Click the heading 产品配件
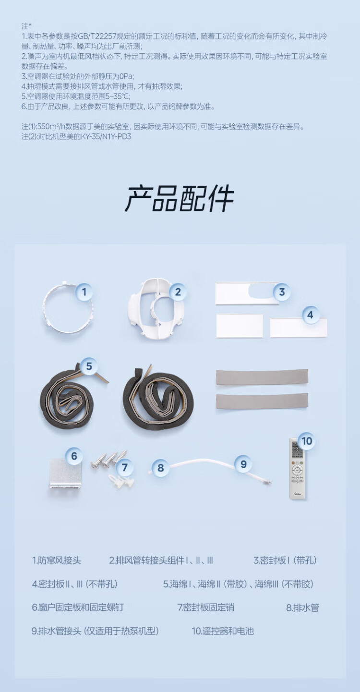pyautogui.click(x=180, y=198)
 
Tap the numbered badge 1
pyautogui.click(x=84, y=292)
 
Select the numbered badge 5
pyautogui.click(x=89, y=366)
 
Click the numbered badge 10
pyautogui.click(x=307, y=441)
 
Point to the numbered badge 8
pyautogui.click(x=160, y=468)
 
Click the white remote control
pyautogui.click(x=298, y=468)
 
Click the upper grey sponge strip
pyautogui.click(x=262, y=377)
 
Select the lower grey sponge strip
pyautogui.click(x=262, y=401)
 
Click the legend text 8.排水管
pyautogui.click(x=302, y=607)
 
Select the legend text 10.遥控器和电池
pyautogui.click(x=223, y=631)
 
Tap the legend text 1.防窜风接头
pyautogui.click(x=57, y=560)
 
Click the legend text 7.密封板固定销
pyautogui.click(x=205, y=607)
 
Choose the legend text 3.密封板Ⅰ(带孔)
pyautogui.click(x=285, y=560)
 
